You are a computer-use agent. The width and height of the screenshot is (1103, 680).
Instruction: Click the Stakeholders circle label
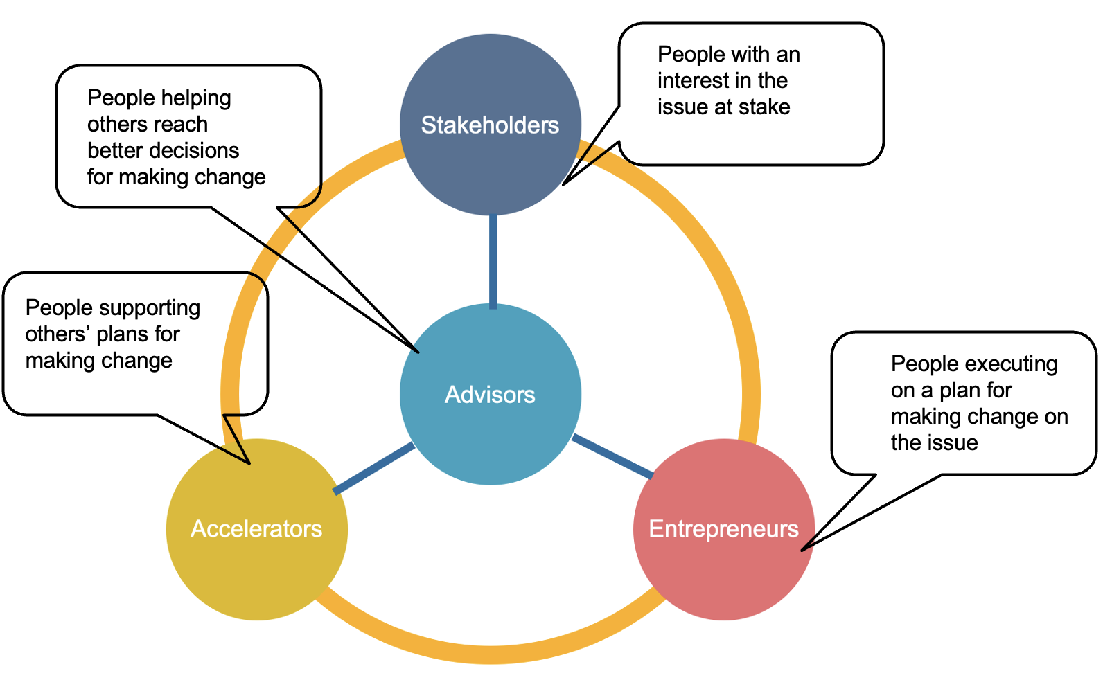pos(490,125)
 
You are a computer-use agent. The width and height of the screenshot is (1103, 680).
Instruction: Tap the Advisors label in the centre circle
pos(490,395)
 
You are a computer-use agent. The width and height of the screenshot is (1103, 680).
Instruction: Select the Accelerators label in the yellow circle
pos(256,529)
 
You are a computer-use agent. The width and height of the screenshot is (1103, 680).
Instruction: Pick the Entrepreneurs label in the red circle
pos(723,529)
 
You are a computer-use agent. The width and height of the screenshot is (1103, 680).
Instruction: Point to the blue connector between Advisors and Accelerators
pos(374,469)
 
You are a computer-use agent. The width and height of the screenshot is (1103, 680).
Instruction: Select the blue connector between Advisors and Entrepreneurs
pos(613,456)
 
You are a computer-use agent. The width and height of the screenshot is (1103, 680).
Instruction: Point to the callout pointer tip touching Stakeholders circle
pos(564,184)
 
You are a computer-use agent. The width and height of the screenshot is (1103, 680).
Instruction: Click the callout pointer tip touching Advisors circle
pos(418,352)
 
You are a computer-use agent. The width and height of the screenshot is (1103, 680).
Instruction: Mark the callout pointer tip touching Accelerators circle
pos(248,463)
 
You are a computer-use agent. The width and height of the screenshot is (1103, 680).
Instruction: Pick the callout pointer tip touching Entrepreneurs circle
pos(803,550)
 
